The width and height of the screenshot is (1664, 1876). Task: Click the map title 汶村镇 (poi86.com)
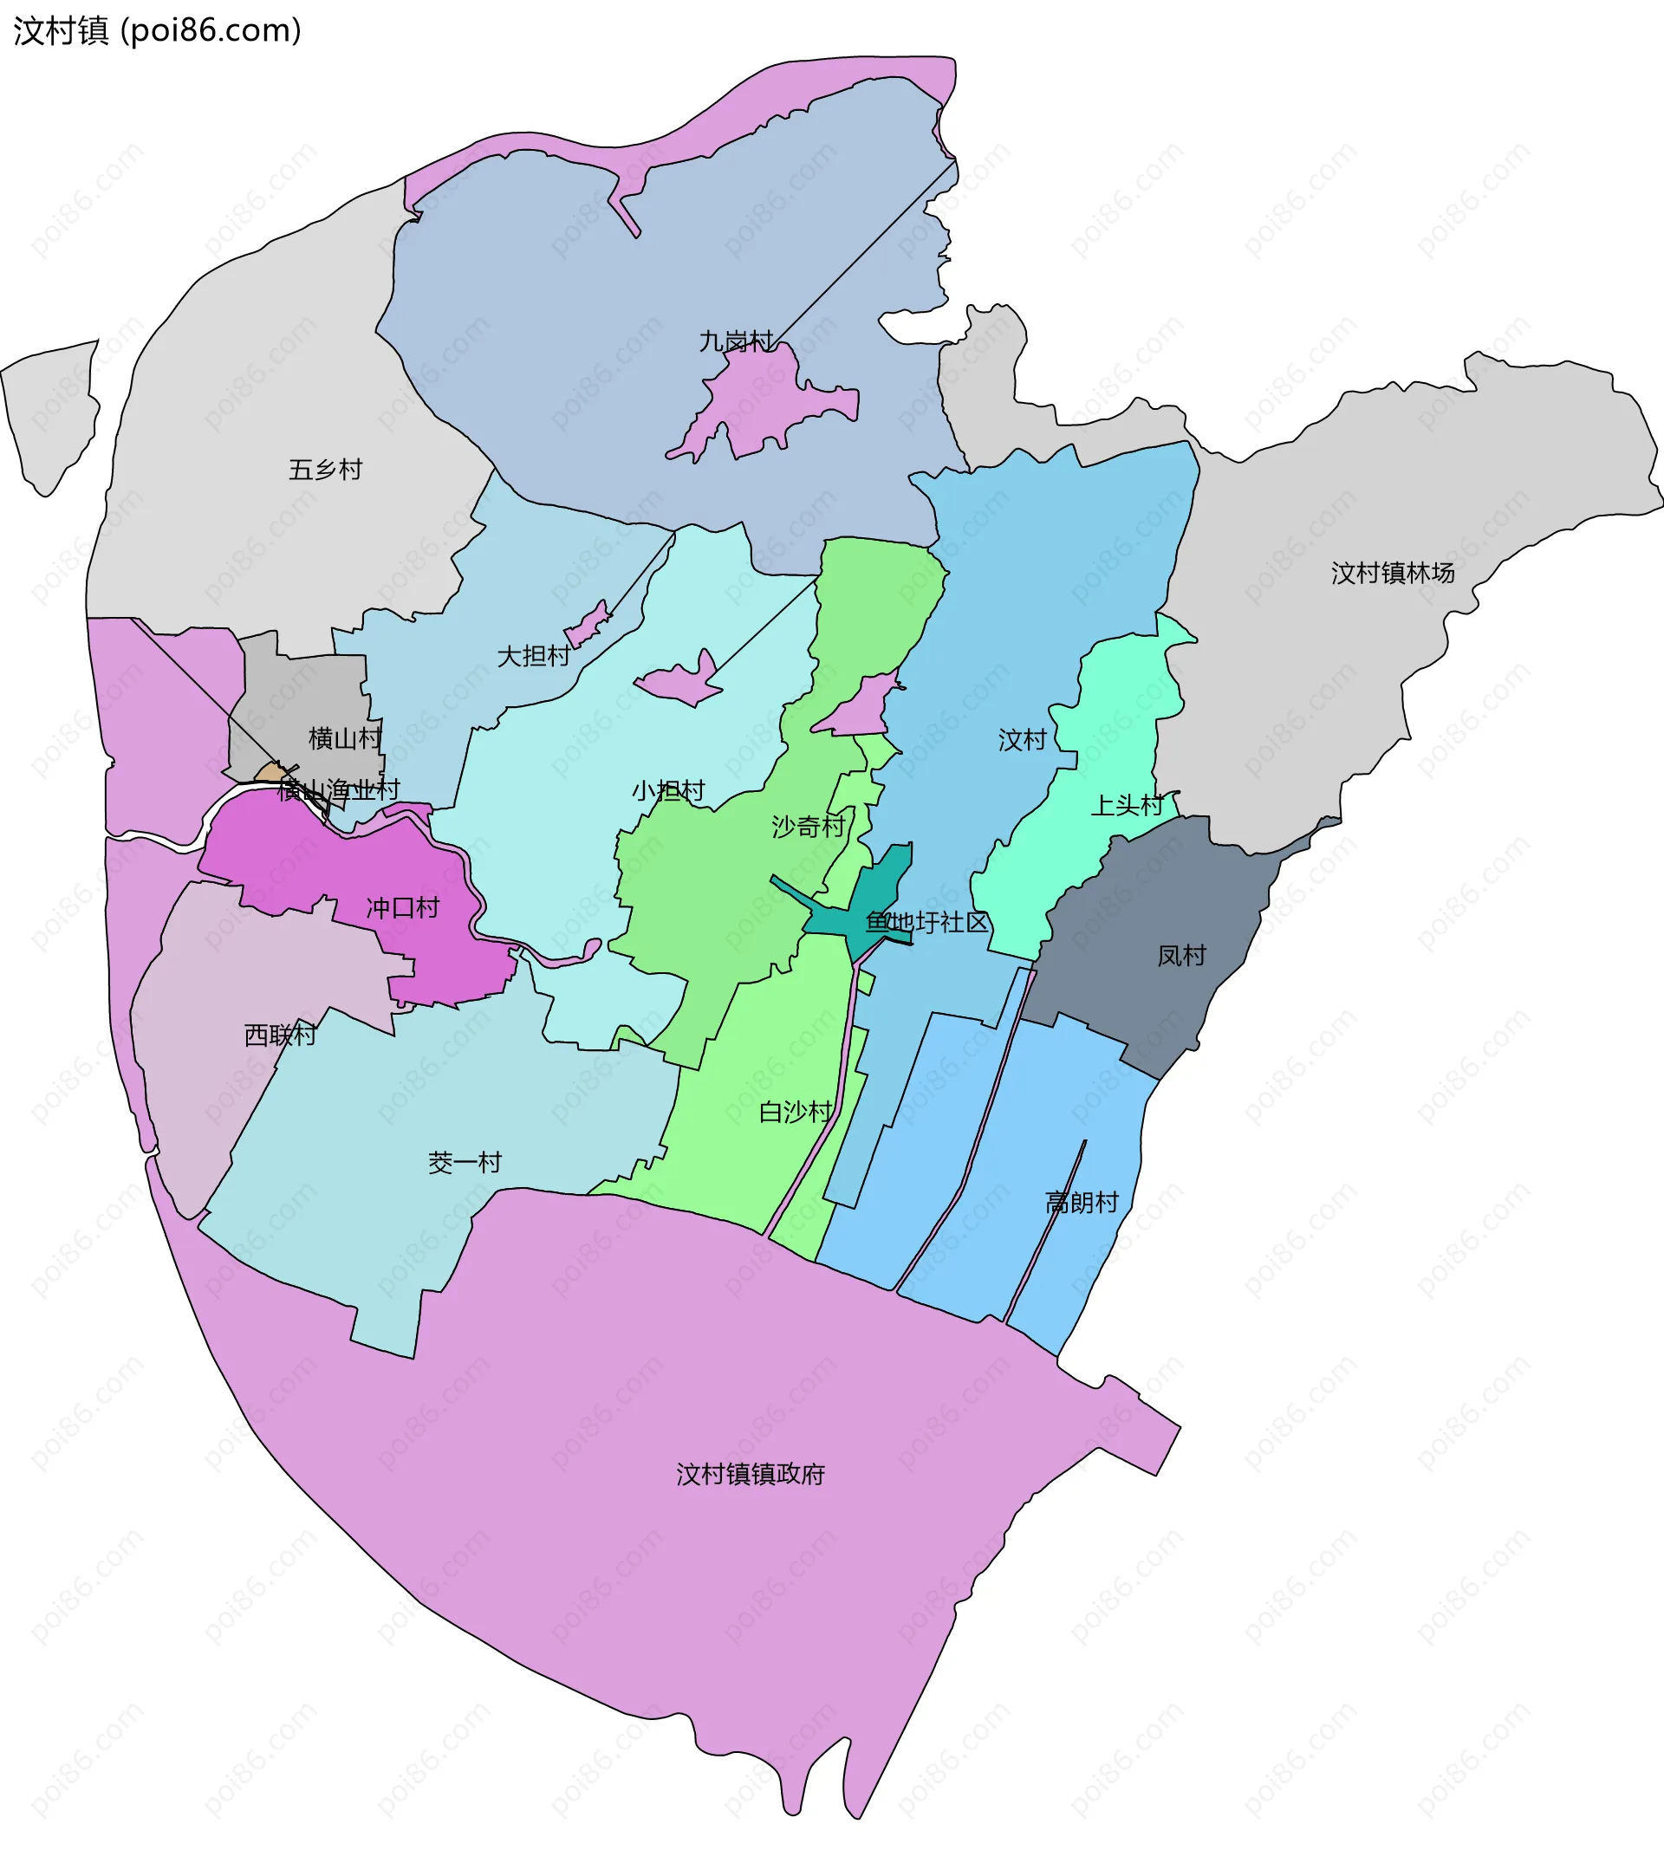point(157,31)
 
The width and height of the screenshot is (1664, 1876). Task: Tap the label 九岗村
point(736,342)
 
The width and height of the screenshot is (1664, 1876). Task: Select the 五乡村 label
point(326,470)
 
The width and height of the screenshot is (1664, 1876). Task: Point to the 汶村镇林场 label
point(1393,574)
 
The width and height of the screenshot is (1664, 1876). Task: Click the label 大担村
point(533,656)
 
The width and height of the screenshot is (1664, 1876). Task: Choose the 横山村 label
point(345,738)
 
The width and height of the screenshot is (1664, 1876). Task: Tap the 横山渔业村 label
point(339,789)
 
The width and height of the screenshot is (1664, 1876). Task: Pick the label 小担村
point(668,790)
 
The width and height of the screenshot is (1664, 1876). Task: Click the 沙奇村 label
point(808,827)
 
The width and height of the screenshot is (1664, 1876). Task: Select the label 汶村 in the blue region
point(1023,740)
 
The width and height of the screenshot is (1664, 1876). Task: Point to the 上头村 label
point(1126,805)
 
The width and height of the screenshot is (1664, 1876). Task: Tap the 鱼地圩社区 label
point(927,922)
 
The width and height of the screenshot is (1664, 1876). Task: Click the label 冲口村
point(403,908)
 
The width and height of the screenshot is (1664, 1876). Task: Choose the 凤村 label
point(1180,956)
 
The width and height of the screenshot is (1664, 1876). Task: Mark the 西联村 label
point(280,1035)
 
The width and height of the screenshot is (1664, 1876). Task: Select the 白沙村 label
point(796,1113)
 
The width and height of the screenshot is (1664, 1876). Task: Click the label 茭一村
point(465,1163)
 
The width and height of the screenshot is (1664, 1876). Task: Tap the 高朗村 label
point(1082,1203)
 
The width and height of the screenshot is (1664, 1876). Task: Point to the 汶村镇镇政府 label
point(751,1474)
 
